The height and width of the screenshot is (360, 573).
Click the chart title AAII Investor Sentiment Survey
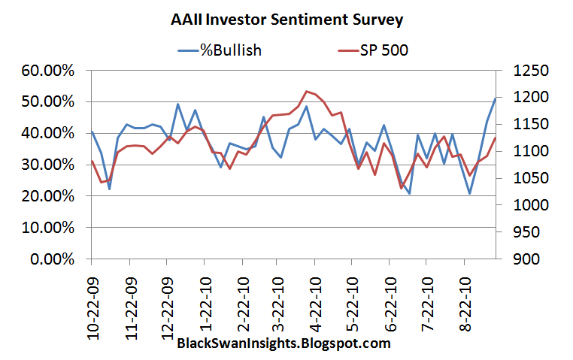(x=286, y=20)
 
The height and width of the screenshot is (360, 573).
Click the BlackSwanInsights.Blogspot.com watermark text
(x=283, y=344)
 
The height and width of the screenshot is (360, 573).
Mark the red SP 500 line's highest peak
(x=306, y=91)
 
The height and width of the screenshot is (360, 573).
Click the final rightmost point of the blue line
(x=495, y=98)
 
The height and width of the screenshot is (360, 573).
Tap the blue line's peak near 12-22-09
(x=177, y=104)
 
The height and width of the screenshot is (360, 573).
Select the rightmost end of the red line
(x=495, y=138)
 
